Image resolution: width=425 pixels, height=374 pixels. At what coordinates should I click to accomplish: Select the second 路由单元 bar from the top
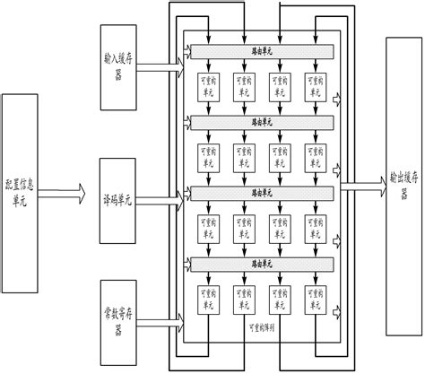pyautogui.click(x=262, y=122)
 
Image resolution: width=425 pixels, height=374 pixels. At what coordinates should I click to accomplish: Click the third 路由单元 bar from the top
pyautogui.click(x=262, y=192)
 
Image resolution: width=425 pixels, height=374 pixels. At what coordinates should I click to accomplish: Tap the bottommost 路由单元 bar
pyautogui.click(x=262, y=262)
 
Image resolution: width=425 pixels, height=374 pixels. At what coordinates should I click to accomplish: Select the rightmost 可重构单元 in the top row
pyautogui.click(x=315, y=89)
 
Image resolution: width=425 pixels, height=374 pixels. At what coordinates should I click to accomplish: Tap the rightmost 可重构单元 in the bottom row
pyautogui.click(x=315, y=298)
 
